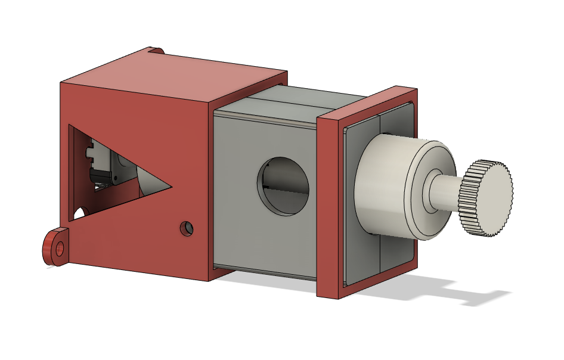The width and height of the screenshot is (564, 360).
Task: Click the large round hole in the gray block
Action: tap(283, 186)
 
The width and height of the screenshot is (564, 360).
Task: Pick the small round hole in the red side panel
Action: tap(187, 228)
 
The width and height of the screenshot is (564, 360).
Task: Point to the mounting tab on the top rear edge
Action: tap(156, 51)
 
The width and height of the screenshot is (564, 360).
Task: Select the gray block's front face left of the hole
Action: tap(235, 191)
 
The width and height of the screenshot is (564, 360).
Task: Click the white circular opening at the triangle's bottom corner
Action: tap(79, 212)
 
